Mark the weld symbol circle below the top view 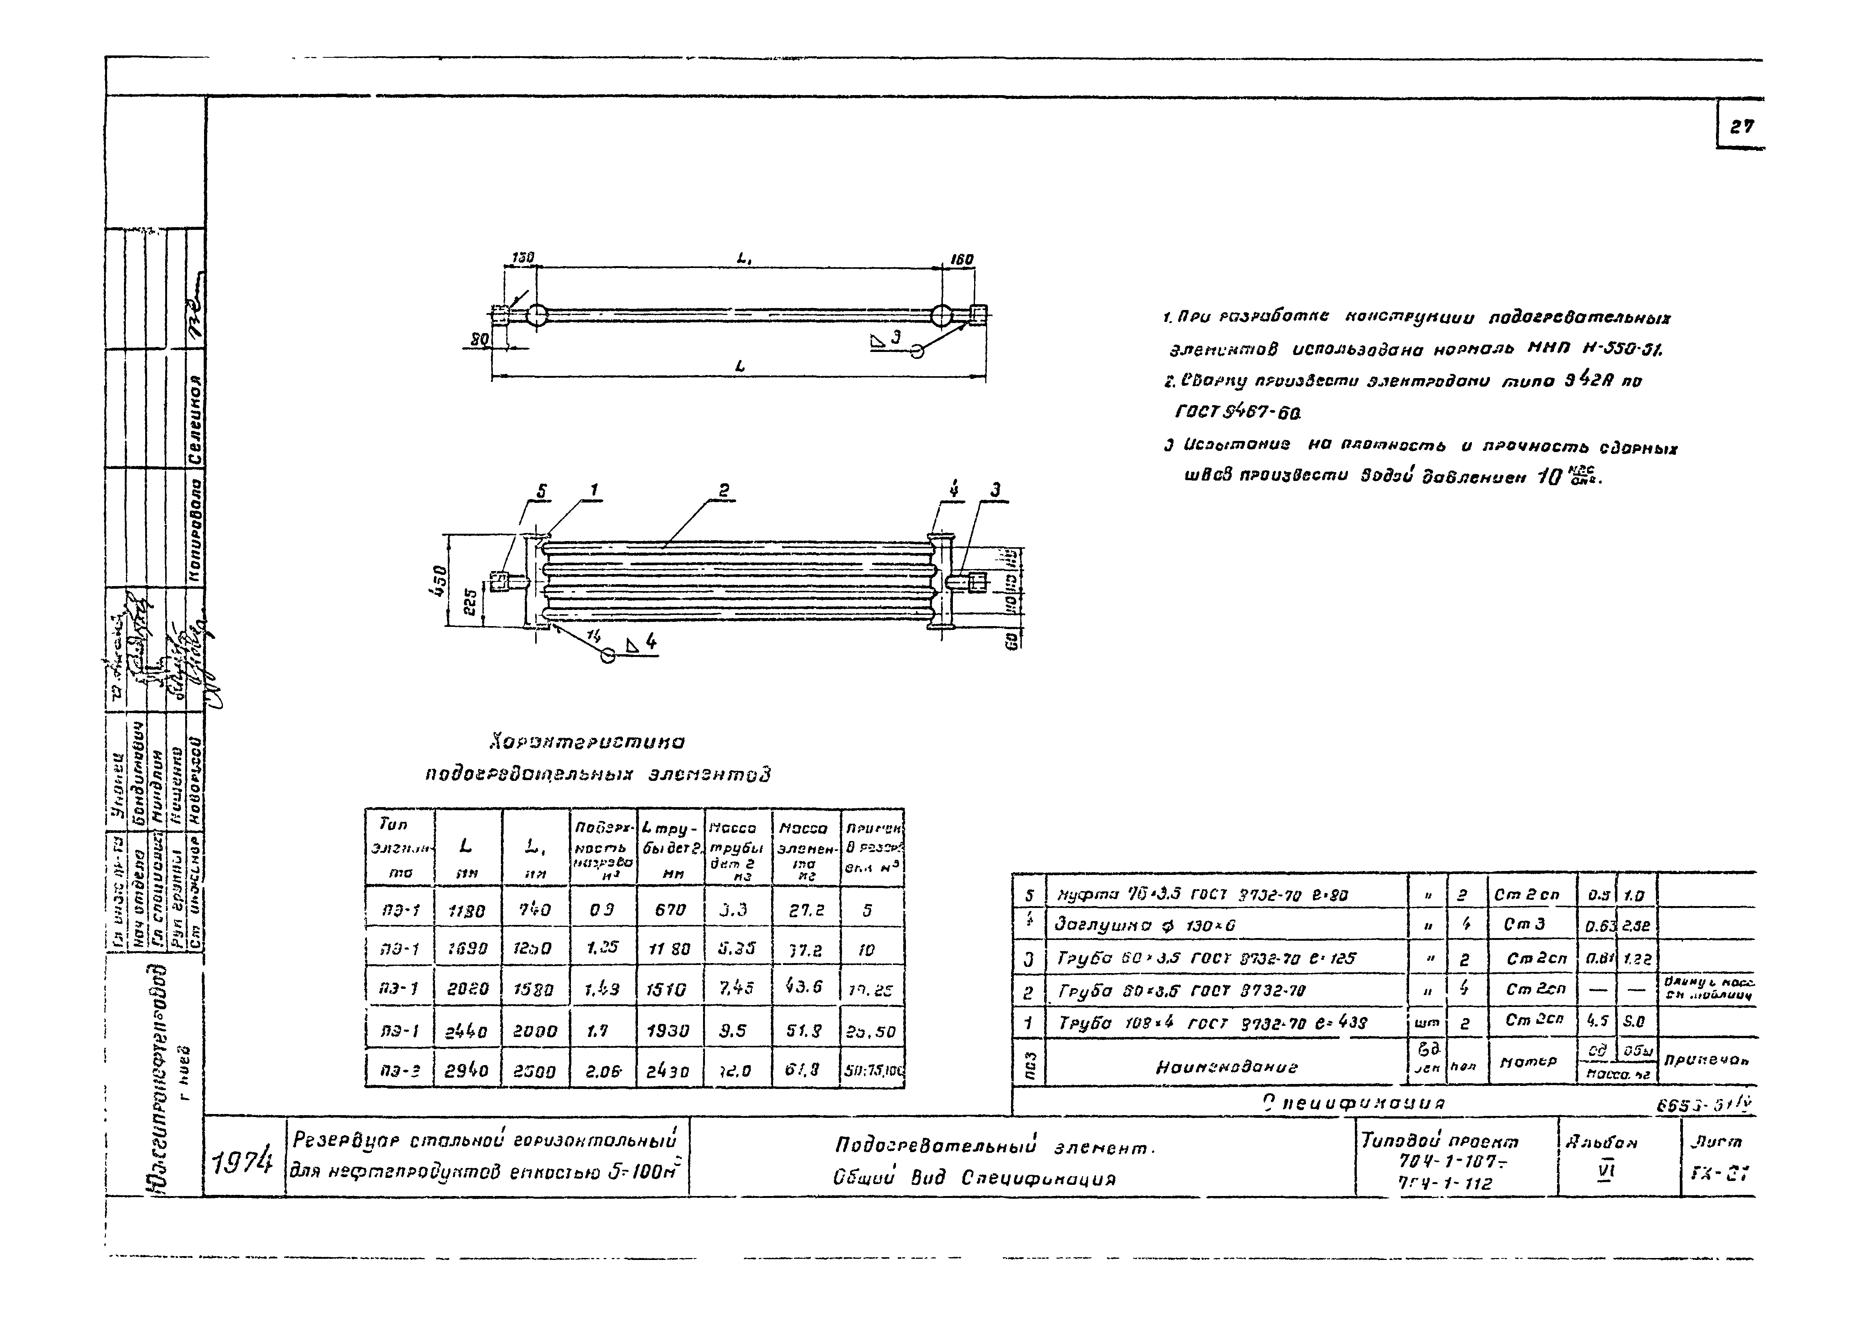(917, 351)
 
